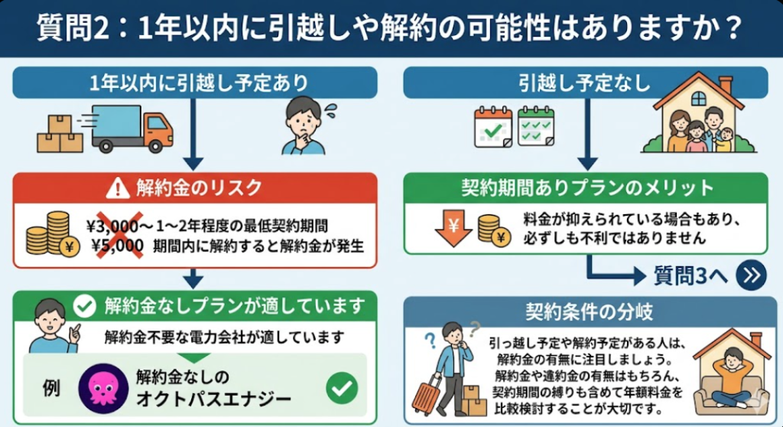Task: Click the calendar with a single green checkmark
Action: click(x=492, y=126)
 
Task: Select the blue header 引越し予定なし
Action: click(x=585, y=82)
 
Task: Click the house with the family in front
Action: click(x=697, y=115)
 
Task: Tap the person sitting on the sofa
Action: click(x=732, y=379)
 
